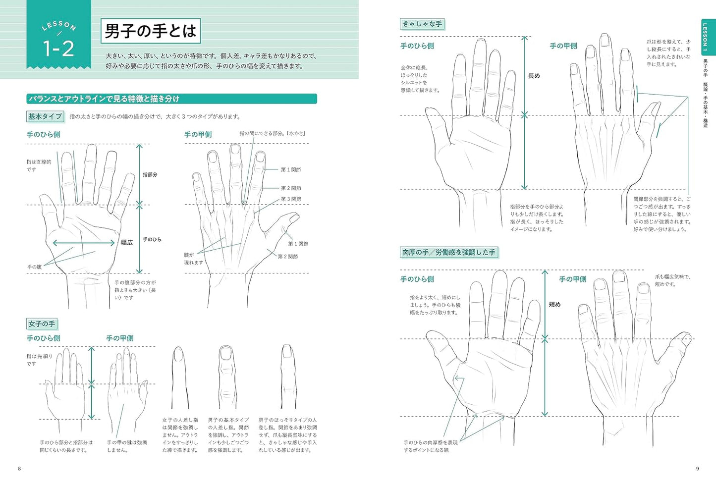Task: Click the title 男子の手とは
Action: coord(151,31)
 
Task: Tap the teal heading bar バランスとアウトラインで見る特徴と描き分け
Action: coord(171,99)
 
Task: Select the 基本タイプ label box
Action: coord(45,116)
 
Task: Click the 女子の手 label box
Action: coord(42,324)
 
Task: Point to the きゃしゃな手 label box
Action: coord(422,24)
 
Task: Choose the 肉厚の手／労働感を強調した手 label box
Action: coord(449,252)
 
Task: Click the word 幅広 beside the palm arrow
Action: coord(126,242)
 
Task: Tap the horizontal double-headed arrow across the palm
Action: coord(83,243)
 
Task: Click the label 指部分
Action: coord(150,175)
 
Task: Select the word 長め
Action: coord(534,76)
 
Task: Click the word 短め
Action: coord(554,305)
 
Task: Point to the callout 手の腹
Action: coord(35,267)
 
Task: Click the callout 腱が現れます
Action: coord(193,259)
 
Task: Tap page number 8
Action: coord(19,469)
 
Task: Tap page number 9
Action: coord(698,469)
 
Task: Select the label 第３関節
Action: coord(291,199)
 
